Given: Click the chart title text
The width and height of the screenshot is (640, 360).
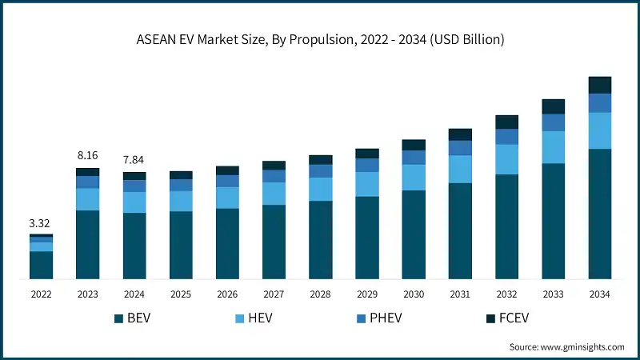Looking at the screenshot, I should tap(320, 38).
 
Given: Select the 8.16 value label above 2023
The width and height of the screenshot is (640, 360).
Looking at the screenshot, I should tap(87, 155).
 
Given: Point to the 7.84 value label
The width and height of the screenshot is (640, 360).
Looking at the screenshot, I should tap(134, 159).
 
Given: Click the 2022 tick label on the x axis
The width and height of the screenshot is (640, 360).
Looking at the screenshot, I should tap(41, 294).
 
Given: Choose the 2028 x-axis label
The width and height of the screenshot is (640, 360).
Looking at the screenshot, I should tap(320, 294).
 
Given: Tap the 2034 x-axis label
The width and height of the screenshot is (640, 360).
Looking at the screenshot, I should tap(599, 294).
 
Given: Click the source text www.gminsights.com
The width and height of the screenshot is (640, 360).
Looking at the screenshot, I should tap(567, 346).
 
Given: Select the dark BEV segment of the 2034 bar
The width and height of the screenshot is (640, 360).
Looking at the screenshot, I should tap(599, 214).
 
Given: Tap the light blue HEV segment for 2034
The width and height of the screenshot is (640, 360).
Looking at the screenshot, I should tap(599, 130).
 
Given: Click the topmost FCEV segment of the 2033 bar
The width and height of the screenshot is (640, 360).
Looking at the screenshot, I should tap(553, 106).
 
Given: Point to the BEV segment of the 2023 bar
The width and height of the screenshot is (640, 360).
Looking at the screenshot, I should tap(87, 245).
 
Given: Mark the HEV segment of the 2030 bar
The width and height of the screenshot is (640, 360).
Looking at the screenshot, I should tap(414, 178).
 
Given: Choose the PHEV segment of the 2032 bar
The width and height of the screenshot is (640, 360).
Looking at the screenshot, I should tap(506, 137).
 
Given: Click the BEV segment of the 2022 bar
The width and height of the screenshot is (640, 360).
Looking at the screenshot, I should tap(41, 265).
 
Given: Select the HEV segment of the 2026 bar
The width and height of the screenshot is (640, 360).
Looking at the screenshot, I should tap(227, 198).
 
